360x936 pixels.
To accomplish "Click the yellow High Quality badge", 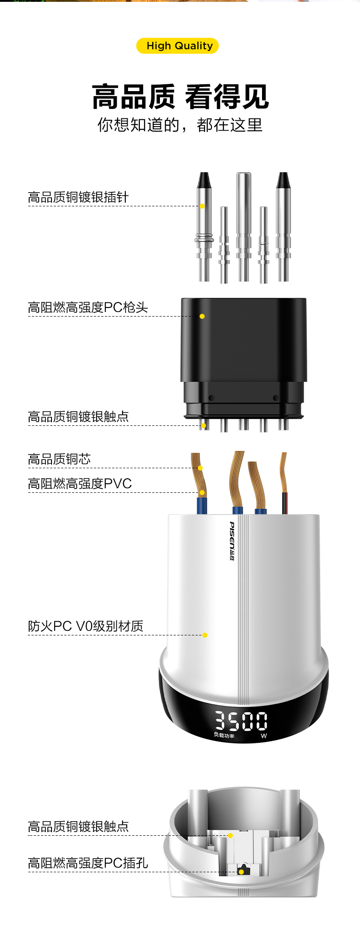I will click(178, 46).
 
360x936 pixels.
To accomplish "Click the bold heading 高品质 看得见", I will click(180, 97).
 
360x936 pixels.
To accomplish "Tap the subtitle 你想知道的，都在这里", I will click(180, 125).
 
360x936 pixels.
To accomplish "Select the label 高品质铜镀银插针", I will click(78, 197).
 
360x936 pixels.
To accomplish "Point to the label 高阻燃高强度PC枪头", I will click(88, 307).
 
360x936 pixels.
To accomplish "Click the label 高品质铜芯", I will click(59, 459).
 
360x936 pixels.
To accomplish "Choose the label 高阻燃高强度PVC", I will click(80, 484).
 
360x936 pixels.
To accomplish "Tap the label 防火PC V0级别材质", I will click(86, 626).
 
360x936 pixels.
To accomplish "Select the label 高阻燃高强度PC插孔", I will click(88, 863).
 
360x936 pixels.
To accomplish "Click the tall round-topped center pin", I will click(243, 214).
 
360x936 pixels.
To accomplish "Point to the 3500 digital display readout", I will click(242, 721).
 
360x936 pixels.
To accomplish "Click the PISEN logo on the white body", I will click(232, 541).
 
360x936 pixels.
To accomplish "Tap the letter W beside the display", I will click(264, 736).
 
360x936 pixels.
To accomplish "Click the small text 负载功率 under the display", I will click(224, 736).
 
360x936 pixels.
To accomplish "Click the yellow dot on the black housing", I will click(202, 316).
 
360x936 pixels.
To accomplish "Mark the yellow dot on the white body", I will click(205, 635).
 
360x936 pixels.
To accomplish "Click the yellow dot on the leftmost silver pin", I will click(202, 206).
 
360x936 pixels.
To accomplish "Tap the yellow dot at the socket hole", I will click(241, 872).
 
